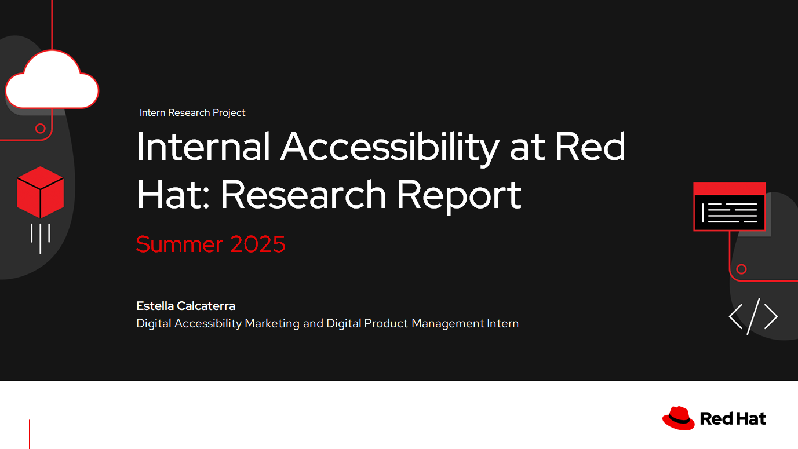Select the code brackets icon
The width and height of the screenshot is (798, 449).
pos(753,317)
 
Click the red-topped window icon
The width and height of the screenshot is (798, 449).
pos(730,207)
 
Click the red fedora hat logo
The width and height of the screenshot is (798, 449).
pos(679,418)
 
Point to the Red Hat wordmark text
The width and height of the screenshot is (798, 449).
pos(733,418)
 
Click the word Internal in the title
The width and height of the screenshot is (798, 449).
pos(203,147)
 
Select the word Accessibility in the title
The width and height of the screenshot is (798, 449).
pos(389,148)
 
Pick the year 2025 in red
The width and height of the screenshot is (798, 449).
pos(258,244)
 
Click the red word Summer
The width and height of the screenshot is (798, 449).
pos(180,244)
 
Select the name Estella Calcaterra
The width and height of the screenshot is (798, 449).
pos(185,306)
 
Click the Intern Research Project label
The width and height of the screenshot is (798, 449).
pos(192,112)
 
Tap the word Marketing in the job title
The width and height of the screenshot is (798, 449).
pos(272,323)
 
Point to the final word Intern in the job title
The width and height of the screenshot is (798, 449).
pos(502,323)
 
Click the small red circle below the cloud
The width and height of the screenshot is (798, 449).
pos(41,129)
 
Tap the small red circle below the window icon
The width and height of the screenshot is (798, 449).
pos(741,269)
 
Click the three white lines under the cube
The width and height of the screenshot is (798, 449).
pos(40,238)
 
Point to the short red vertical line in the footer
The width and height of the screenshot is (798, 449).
pos(29,434)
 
